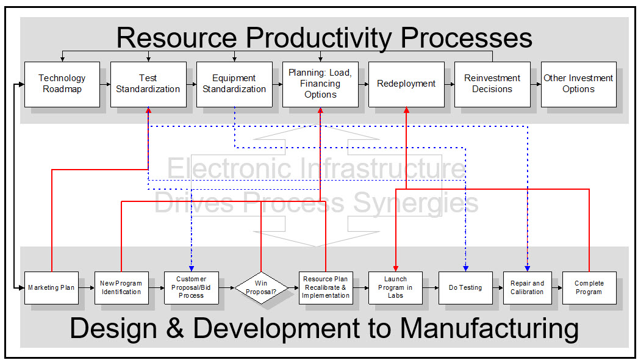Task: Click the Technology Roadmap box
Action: pos(62,84)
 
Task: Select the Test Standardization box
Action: pos(148,84)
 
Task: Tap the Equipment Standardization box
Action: pos(234,84)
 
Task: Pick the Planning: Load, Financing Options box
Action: pos(320,84)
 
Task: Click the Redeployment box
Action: pos(406,84)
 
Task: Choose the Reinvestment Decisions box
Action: pos(492,84)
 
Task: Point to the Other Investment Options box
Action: pos(578,84)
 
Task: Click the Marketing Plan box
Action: pos(52,287)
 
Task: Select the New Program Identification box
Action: pos(121,287)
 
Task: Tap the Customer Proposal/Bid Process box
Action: pos(191,287)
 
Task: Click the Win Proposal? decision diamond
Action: pos(261,287)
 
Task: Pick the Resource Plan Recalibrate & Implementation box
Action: pos(326,287)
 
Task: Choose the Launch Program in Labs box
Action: pos(395,287)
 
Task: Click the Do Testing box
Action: pos(465,287)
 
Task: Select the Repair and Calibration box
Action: pos(527,287)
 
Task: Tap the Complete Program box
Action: pos(589,287)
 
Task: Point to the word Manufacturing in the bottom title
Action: pos(489,328)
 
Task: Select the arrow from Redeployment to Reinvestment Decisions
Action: pos(449,84)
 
